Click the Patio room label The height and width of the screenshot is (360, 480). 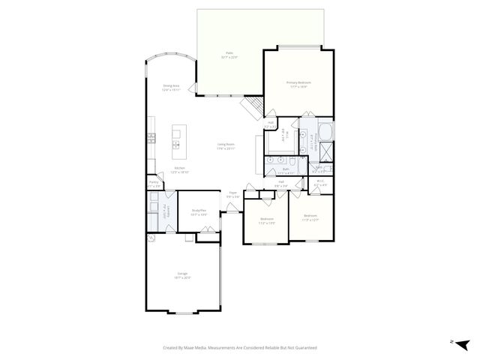[229, 55]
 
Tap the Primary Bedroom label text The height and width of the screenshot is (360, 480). [298, 84]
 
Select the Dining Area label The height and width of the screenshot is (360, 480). [172, 87]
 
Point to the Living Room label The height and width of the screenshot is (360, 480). [226, 146]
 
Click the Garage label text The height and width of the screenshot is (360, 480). [182, 275]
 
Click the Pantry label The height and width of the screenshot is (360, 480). [154, 184]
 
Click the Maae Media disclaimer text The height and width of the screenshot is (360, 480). [240, 348]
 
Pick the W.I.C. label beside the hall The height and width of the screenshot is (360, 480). [319, 182]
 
